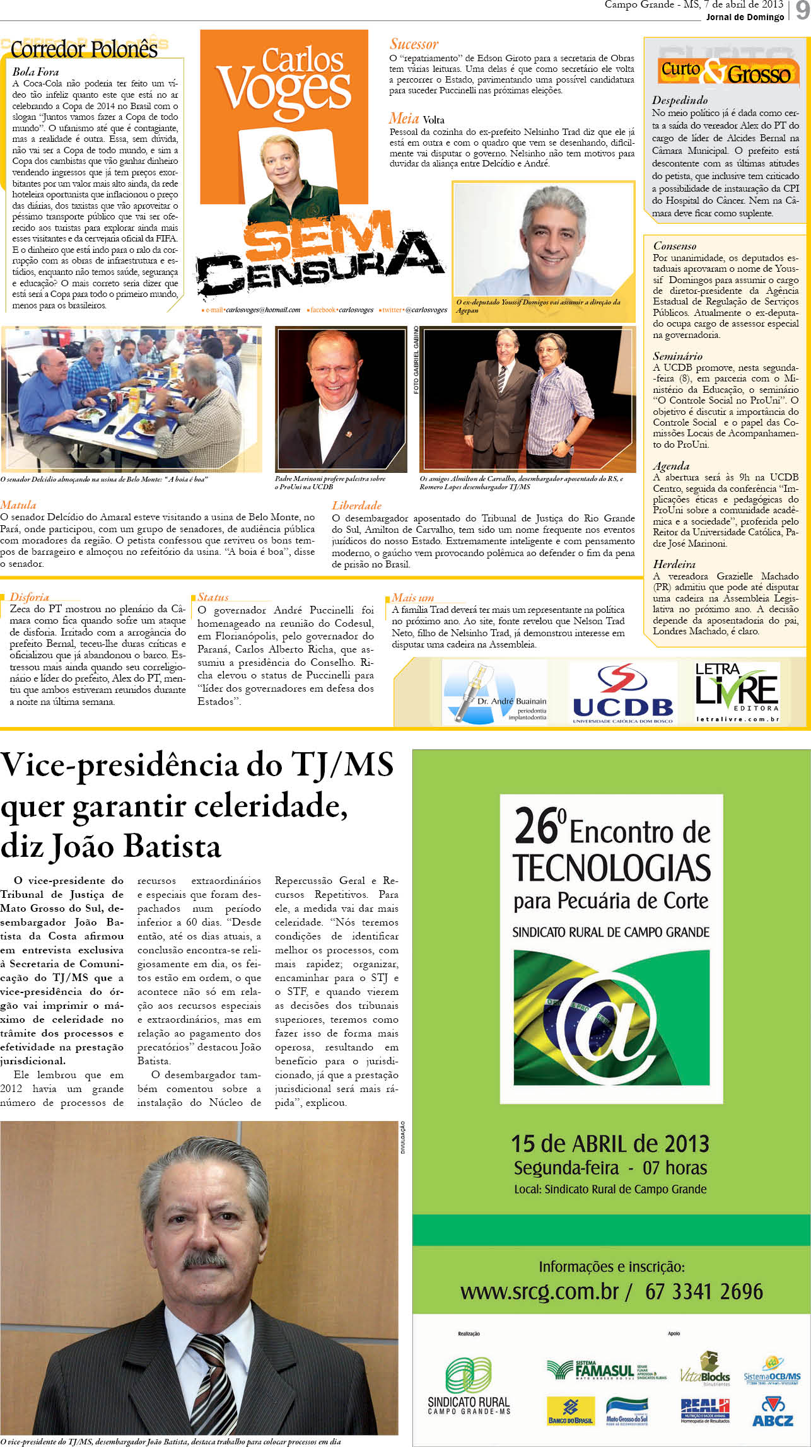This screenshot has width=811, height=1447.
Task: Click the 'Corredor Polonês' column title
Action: [x=84, y=49]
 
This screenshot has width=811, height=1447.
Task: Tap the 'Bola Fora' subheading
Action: [x=35, y=72]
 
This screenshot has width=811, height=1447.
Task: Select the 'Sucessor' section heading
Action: [x=414, y=44]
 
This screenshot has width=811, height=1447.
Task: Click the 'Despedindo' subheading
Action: [x=679, y=100]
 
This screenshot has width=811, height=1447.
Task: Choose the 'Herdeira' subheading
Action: [x=674, y=564]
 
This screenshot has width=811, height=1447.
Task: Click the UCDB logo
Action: [x=622, y=693]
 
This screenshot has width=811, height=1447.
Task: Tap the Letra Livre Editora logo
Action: [x=737, y=692]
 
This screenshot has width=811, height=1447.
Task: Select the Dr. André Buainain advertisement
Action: [x=495, y=693]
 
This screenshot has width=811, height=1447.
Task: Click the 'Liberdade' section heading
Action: [x=356, y=506]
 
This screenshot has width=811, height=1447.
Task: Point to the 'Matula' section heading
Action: [x=18, y=505]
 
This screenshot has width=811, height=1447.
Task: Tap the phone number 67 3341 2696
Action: [x=704, y=1292]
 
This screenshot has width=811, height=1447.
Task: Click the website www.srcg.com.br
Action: [x=539, y=1292]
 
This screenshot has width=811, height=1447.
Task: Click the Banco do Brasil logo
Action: [x=570, y=1410]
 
